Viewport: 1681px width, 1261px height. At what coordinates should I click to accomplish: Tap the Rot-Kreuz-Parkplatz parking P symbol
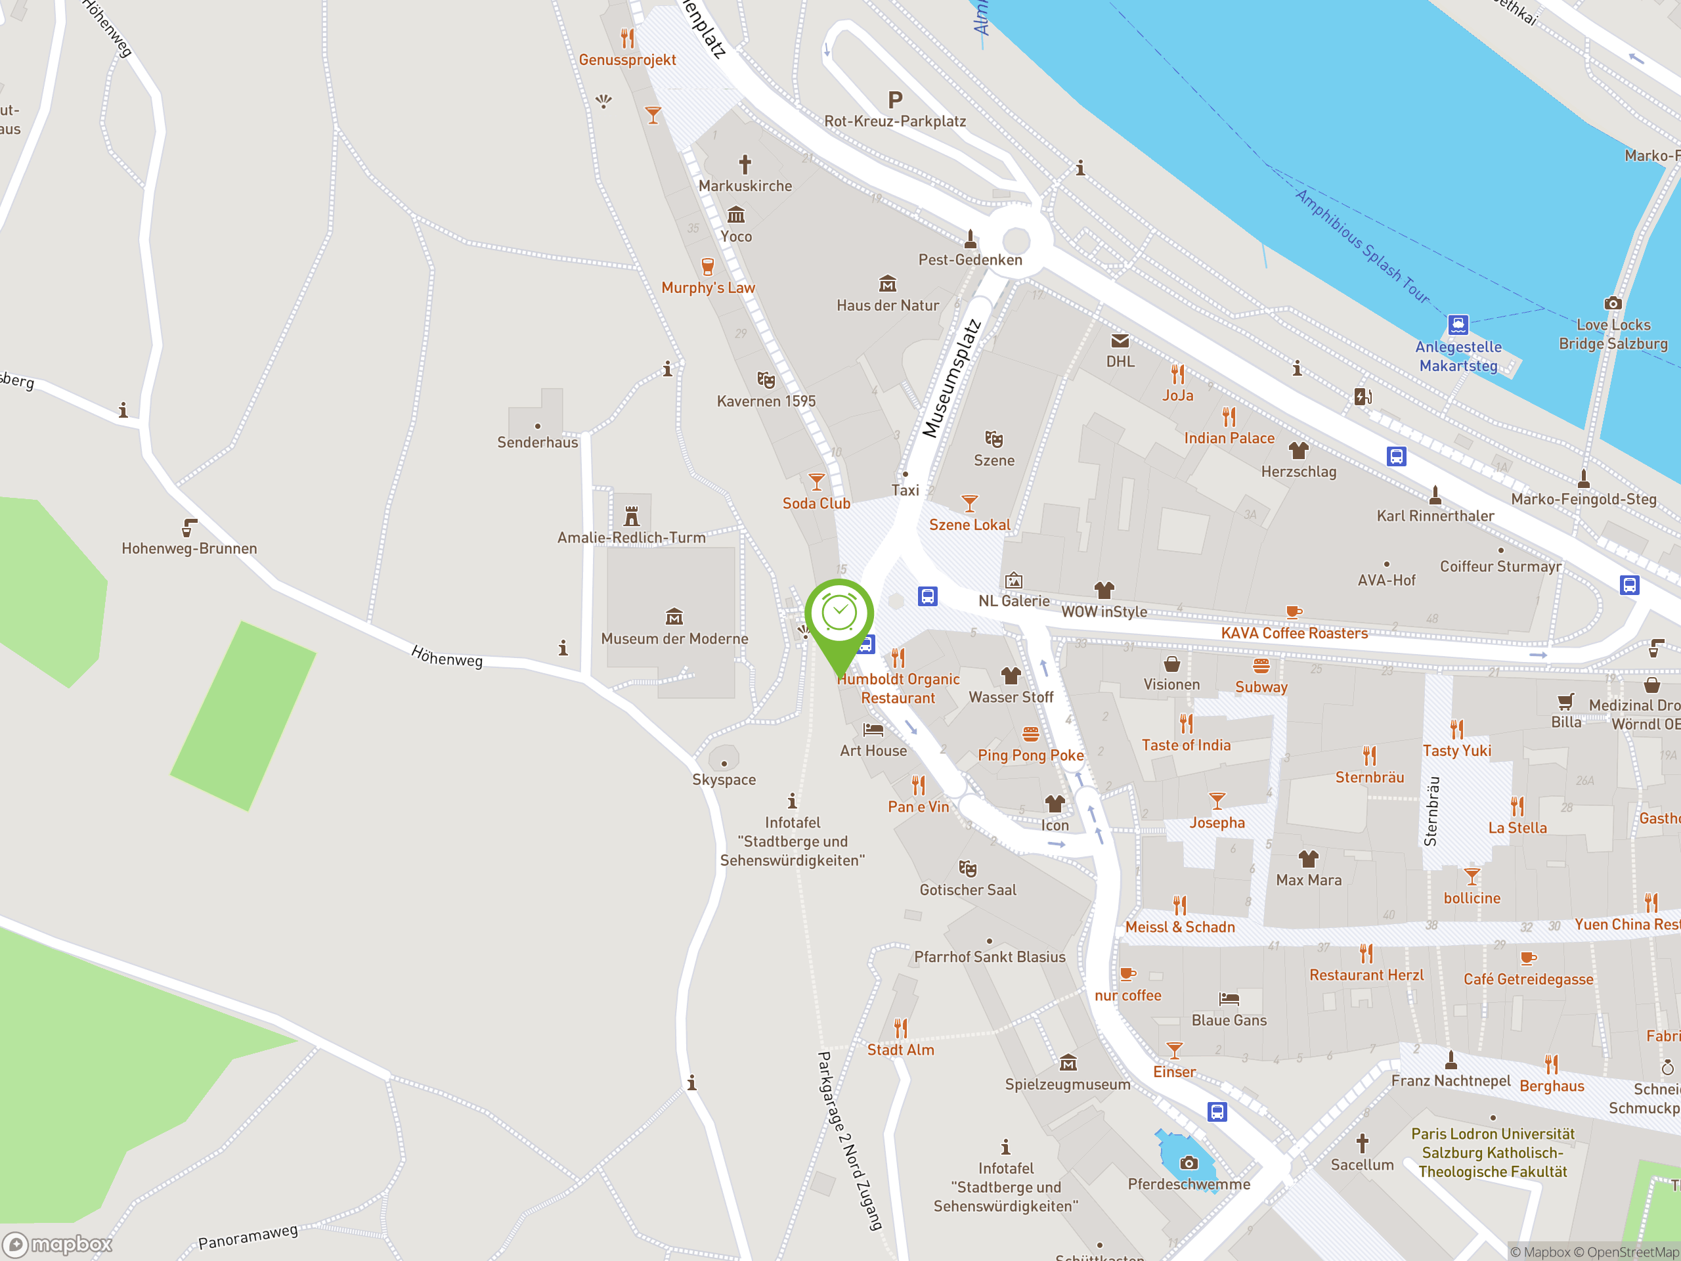(x=895, y=100)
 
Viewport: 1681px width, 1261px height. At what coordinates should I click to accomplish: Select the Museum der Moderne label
(x=674, y=638)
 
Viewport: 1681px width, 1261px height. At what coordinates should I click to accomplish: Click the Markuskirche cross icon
(x=745, y=164)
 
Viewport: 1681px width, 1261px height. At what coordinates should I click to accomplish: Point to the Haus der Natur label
(x=888, y=305)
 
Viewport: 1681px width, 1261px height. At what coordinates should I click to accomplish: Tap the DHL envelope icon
(x=1120, y=340)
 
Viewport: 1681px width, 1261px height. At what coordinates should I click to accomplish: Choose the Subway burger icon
(x=1261, y=667)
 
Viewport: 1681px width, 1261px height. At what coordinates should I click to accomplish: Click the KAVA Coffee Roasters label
(x=1294, y=633)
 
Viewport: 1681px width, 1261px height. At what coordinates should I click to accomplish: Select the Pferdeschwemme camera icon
(x=1189, y=1163)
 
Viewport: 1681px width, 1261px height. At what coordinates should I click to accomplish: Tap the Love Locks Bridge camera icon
(x=1613, y=303)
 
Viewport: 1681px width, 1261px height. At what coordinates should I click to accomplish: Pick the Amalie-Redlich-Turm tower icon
(x=632, y=517)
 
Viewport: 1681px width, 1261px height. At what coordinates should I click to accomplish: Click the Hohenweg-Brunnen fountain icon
(x=189, y=527)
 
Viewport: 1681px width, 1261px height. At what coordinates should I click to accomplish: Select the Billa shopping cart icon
(x=1565, y=701)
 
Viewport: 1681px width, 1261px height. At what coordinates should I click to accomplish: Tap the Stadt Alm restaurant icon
(x=900, y=1029)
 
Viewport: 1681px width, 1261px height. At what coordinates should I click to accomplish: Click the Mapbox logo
(x=58, y=1245)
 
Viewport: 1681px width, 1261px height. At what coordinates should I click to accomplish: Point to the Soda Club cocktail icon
(x=816, y=482)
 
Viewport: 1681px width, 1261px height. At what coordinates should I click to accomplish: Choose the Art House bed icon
(x=873, y=730)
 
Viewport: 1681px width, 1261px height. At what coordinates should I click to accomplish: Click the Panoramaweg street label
(x=248, y=1237)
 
